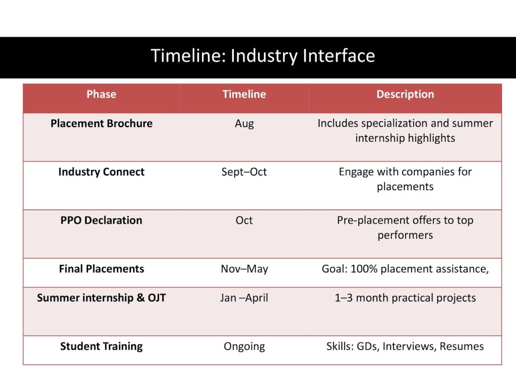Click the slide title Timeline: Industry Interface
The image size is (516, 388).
pyautogui.click(x=263, y=56)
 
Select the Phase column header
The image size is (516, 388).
pyautogui.click(x=101, y=94)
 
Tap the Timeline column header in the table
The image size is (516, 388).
pyautogui.click(x=244, y=94)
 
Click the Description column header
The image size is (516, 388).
pyautogui.click(x=405, y=94)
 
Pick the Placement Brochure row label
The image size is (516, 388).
pyautogui.click(x=101, y=124)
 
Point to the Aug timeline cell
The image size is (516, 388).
pyautogui.click(x=244, y=124)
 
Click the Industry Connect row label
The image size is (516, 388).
pyautogui.click(x=101, y=172)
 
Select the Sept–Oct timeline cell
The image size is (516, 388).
pyautogui.click(x=244, y=172)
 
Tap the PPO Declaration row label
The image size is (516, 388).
pyautogui.click(x=101, y=220)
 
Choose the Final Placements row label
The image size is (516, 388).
pyautogui.click(x=101, y=269)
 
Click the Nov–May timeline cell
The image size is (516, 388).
pyautogui.click(x=244, y=269)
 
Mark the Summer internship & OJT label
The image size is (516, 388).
pyautogui.click(x=101, y=298)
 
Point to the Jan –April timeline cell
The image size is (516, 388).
pyautogui.click(x=244, y=298)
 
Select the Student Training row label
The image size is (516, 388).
pyautogui.click(x=101, y=347)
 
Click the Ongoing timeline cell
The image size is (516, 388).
pyautogui.click(x=244, y=347)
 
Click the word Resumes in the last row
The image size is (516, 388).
pyautogui.click(x=462, y=346)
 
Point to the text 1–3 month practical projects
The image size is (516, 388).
pyautogui.click(x=405, y=298)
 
